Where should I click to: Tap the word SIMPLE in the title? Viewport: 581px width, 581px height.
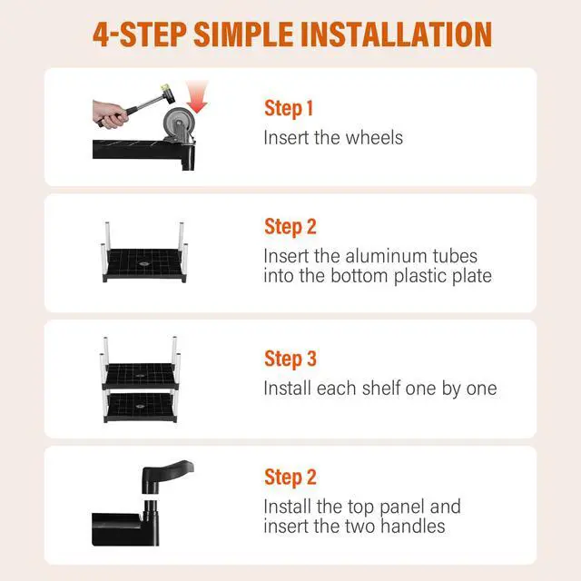(243, 34)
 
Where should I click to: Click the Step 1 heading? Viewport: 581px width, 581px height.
(289, 109)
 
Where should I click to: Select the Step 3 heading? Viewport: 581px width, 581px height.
(290, 359)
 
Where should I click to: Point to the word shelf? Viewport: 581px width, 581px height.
(381, 388)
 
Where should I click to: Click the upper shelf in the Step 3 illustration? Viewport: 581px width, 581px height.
(141, 376)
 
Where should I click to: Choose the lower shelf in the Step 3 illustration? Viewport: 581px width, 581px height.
(141, 408)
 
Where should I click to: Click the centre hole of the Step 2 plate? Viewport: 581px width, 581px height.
(143, 264)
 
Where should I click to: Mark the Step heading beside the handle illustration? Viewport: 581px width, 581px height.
(290, 477)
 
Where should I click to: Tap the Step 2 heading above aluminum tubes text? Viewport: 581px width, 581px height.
(290, 227)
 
